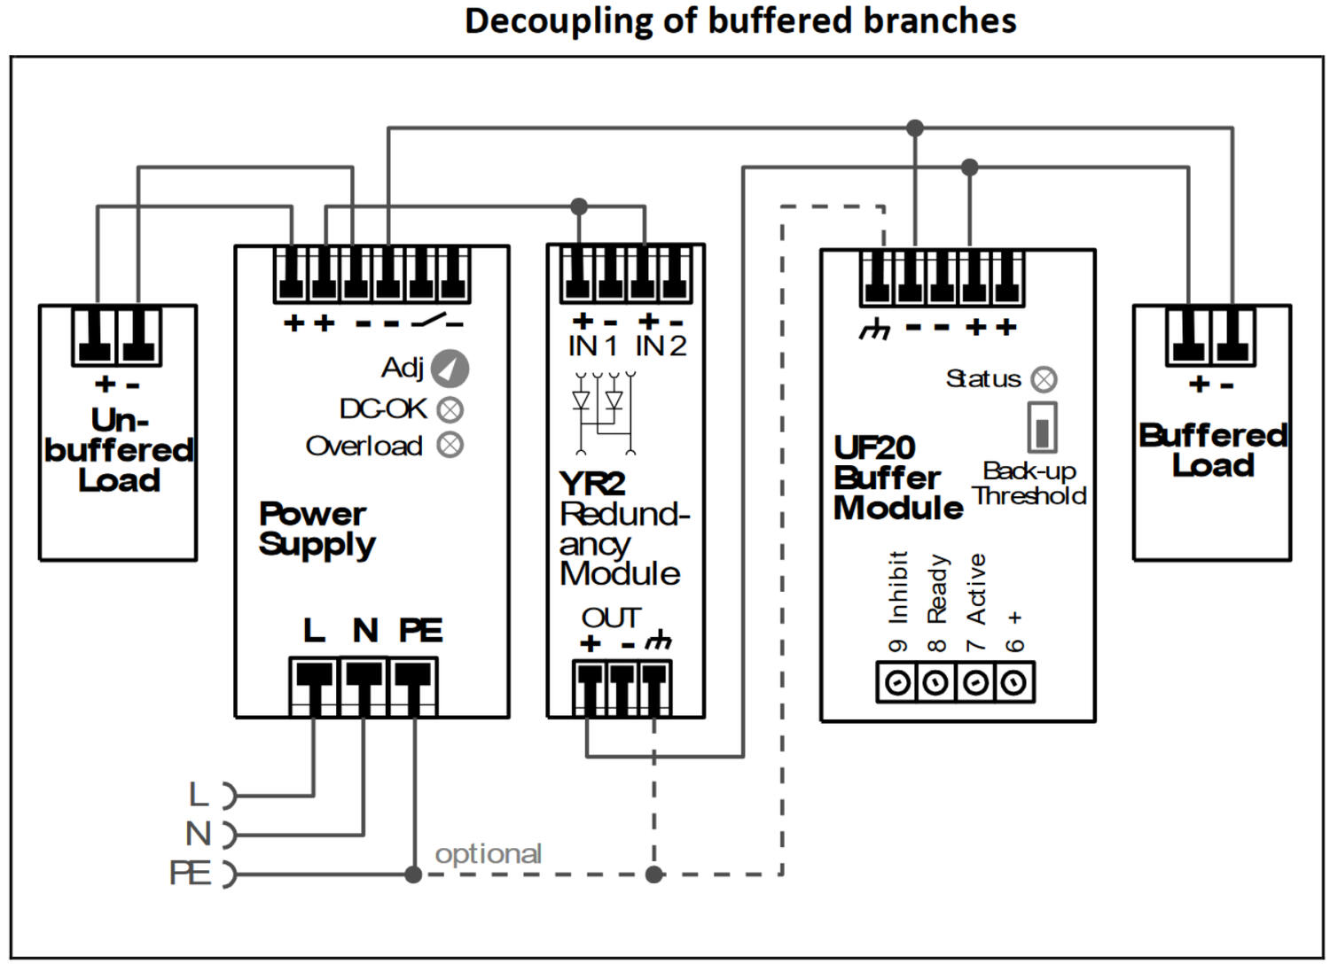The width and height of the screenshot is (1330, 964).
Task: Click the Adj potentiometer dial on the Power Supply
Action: tap(450, 369)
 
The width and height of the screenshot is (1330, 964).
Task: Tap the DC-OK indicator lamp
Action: tap(450, 410)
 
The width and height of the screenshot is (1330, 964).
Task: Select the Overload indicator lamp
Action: tap(450, 445)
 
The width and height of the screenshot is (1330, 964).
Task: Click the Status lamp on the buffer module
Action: tap(1044, 380)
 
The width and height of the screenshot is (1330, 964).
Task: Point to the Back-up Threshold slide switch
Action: tap(1043, 429)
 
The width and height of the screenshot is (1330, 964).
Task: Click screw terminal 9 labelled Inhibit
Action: tap(897, 683)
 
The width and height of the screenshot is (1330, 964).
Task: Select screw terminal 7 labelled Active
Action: tap(976, 683)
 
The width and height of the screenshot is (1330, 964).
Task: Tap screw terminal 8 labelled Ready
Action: tap(936, 683)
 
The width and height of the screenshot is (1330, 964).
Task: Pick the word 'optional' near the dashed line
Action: tap(488, 854)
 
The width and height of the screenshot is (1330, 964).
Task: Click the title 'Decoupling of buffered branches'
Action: tap(740, 21)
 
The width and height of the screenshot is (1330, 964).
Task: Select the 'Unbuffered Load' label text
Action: tap(119, 450)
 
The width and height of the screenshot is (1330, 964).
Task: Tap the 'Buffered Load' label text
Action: tap(1213, 450)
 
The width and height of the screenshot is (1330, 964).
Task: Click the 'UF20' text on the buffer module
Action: tap(874, 447)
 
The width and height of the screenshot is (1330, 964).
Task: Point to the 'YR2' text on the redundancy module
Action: tap(592, 484)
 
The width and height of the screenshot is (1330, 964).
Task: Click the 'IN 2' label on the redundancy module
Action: tap(661, 346)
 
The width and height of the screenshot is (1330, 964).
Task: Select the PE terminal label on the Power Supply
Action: tap(420, 631)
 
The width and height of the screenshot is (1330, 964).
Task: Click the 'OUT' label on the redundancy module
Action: tap(611, 618)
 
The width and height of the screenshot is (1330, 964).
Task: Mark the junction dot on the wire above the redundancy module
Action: tap(579, 206)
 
